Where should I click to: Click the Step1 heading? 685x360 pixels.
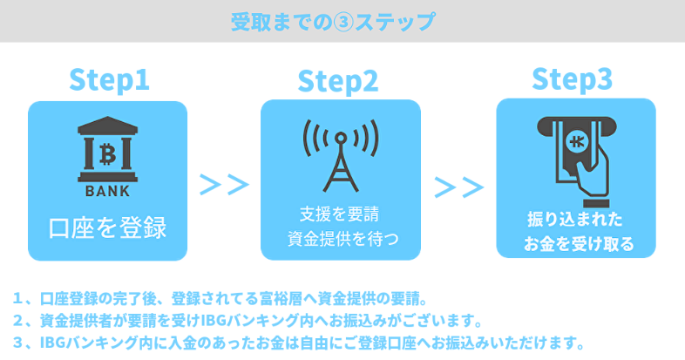point(109,79)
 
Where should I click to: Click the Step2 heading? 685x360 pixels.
point(338,80)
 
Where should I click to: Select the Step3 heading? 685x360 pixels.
point(572,78)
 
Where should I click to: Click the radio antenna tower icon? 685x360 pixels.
point(340,155)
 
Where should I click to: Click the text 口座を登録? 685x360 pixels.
point(108,228)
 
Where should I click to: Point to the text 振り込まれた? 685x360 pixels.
point(575,219)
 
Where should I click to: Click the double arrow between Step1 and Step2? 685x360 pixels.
point(224,185)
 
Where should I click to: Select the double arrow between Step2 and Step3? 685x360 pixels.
point(458,187)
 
